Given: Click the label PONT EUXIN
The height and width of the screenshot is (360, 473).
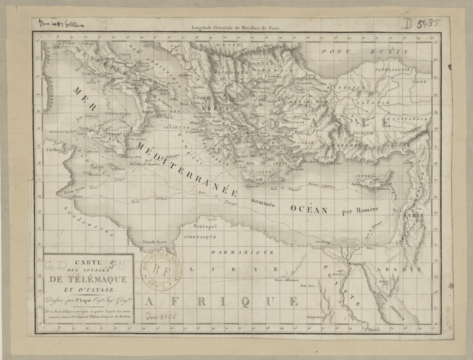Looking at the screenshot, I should click(365, 52).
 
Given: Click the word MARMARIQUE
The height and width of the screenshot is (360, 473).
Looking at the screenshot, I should click(242, 252).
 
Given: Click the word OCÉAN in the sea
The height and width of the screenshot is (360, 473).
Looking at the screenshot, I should click(309, 209).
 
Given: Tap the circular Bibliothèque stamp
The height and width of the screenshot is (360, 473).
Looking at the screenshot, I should click(161, 270).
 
